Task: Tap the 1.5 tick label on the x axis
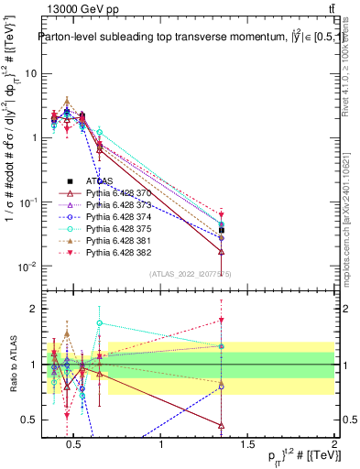[x=248, y=445]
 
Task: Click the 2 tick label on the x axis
[x=333, y=445]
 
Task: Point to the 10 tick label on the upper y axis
[x=31, y=73]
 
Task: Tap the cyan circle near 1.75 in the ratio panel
[x=99, y=322]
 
